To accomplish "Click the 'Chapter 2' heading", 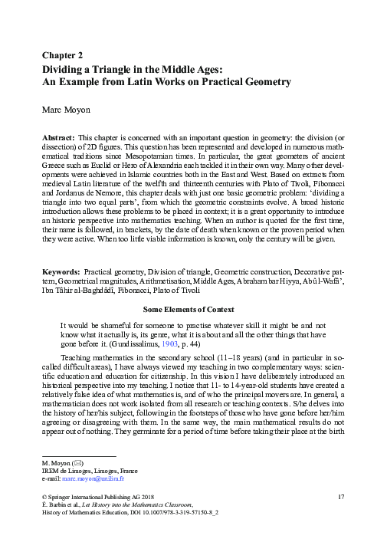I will pyautogui.click(x=62, y=54).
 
